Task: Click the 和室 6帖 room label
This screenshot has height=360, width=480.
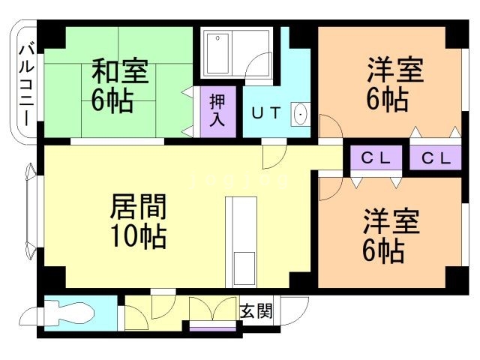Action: tap(119, 87)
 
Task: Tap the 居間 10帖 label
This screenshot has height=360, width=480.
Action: tap(138, 220)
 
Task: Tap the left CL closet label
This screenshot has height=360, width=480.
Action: tap(376, 158)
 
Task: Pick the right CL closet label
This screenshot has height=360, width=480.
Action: tap(436, 158)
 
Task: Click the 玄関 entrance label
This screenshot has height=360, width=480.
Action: tap(256, 310)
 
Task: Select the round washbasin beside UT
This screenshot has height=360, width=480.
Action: tap(301, 115)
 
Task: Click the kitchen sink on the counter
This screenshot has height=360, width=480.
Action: tap(244, 265)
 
